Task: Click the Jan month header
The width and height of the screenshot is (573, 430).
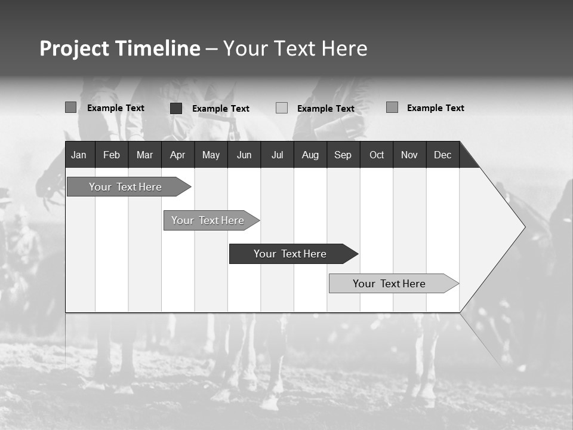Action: coord(79,155)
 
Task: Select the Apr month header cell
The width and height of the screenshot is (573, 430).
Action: coord(177,155)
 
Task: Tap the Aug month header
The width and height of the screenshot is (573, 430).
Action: coord(310,155)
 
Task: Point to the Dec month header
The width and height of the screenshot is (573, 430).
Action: coord(442,155)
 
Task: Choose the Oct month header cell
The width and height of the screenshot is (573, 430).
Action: coord(376,155)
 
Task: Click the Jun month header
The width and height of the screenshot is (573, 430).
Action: coord(244,155)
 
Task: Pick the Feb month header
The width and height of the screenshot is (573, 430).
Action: coord(112,155)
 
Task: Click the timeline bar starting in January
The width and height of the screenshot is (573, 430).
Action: coord(125,187)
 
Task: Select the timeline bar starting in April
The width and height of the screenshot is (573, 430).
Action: coord(208,220)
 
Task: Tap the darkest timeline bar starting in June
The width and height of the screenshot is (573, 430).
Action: coord(290,254)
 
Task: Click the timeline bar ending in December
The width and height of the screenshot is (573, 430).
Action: coord(389,284)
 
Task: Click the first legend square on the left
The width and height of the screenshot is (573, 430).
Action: coord(70,107)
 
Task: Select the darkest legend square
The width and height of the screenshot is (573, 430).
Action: coord(176,108)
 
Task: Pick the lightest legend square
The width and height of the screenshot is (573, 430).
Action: coord(282,108)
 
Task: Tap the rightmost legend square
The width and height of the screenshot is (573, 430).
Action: coord(392,107)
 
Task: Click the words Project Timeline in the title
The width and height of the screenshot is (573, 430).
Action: coord(119,48)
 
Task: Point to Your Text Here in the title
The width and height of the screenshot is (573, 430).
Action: coord(295,48)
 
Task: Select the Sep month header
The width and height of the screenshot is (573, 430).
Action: coord(343,155)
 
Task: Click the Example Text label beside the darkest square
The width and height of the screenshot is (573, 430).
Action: coord(220,109)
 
